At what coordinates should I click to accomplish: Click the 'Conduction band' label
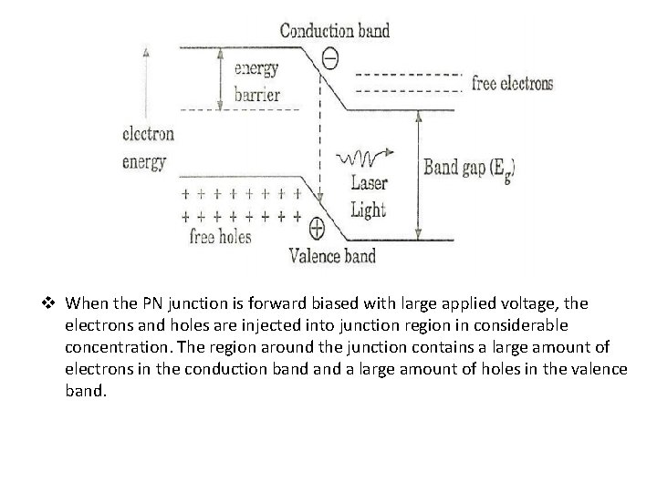click(334, 30)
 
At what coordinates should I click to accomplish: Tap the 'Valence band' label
click(332, 255)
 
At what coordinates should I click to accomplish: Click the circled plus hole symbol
click(318, 226)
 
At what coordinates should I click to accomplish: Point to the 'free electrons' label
click(512, 84)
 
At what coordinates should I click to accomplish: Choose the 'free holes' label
click(220, 237)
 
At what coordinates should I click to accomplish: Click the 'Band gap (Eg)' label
click(470, 168)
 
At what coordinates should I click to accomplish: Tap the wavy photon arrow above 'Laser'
click(366, 158)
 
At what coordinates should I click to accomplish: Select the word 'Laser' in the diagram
click(369, 182)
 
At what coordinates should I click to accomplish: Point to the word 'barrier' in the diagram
click(257, 94)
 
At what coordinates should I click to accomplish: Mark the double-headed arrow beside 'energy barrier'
click(219, 78)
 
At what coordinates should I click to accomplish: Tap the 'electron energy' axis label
click(147, 148)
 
